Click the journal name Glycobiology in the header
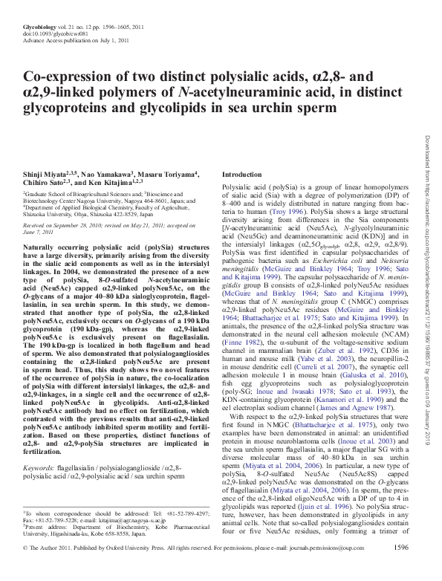41,25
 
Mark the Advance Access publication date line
65,40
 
